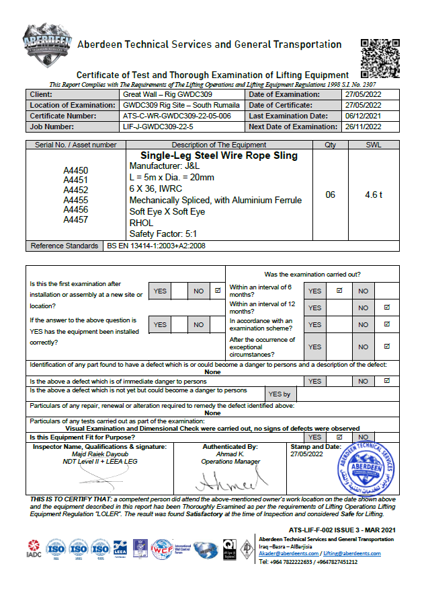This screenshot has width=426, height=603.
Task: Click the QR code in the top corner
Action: tap(381, 59)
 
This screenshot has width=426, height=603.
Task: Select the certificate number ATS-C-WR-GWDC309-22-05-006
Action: tap(177, 116)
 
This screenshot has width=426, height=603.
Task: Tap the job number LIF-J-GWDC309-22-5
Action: tap(161, 127)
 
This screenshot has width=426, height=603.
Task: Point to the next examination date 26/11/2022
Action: tap(363, 127)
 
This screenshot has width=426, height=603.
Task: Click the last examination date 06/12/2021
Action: tap(363, 116)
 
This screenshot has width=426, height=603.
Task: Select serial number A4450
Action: tap(76, 171)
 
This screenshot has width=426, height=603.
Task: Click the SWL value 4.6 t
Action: tap(374, 194)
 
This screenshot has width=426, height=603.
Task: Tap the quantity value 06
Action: tap(330, 194)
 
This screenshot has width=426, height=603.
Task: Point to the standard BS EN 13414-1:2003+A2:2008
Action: tap(156, 246)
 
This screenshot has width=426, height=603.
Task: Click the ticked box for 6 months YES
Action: tap(339, 291)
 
